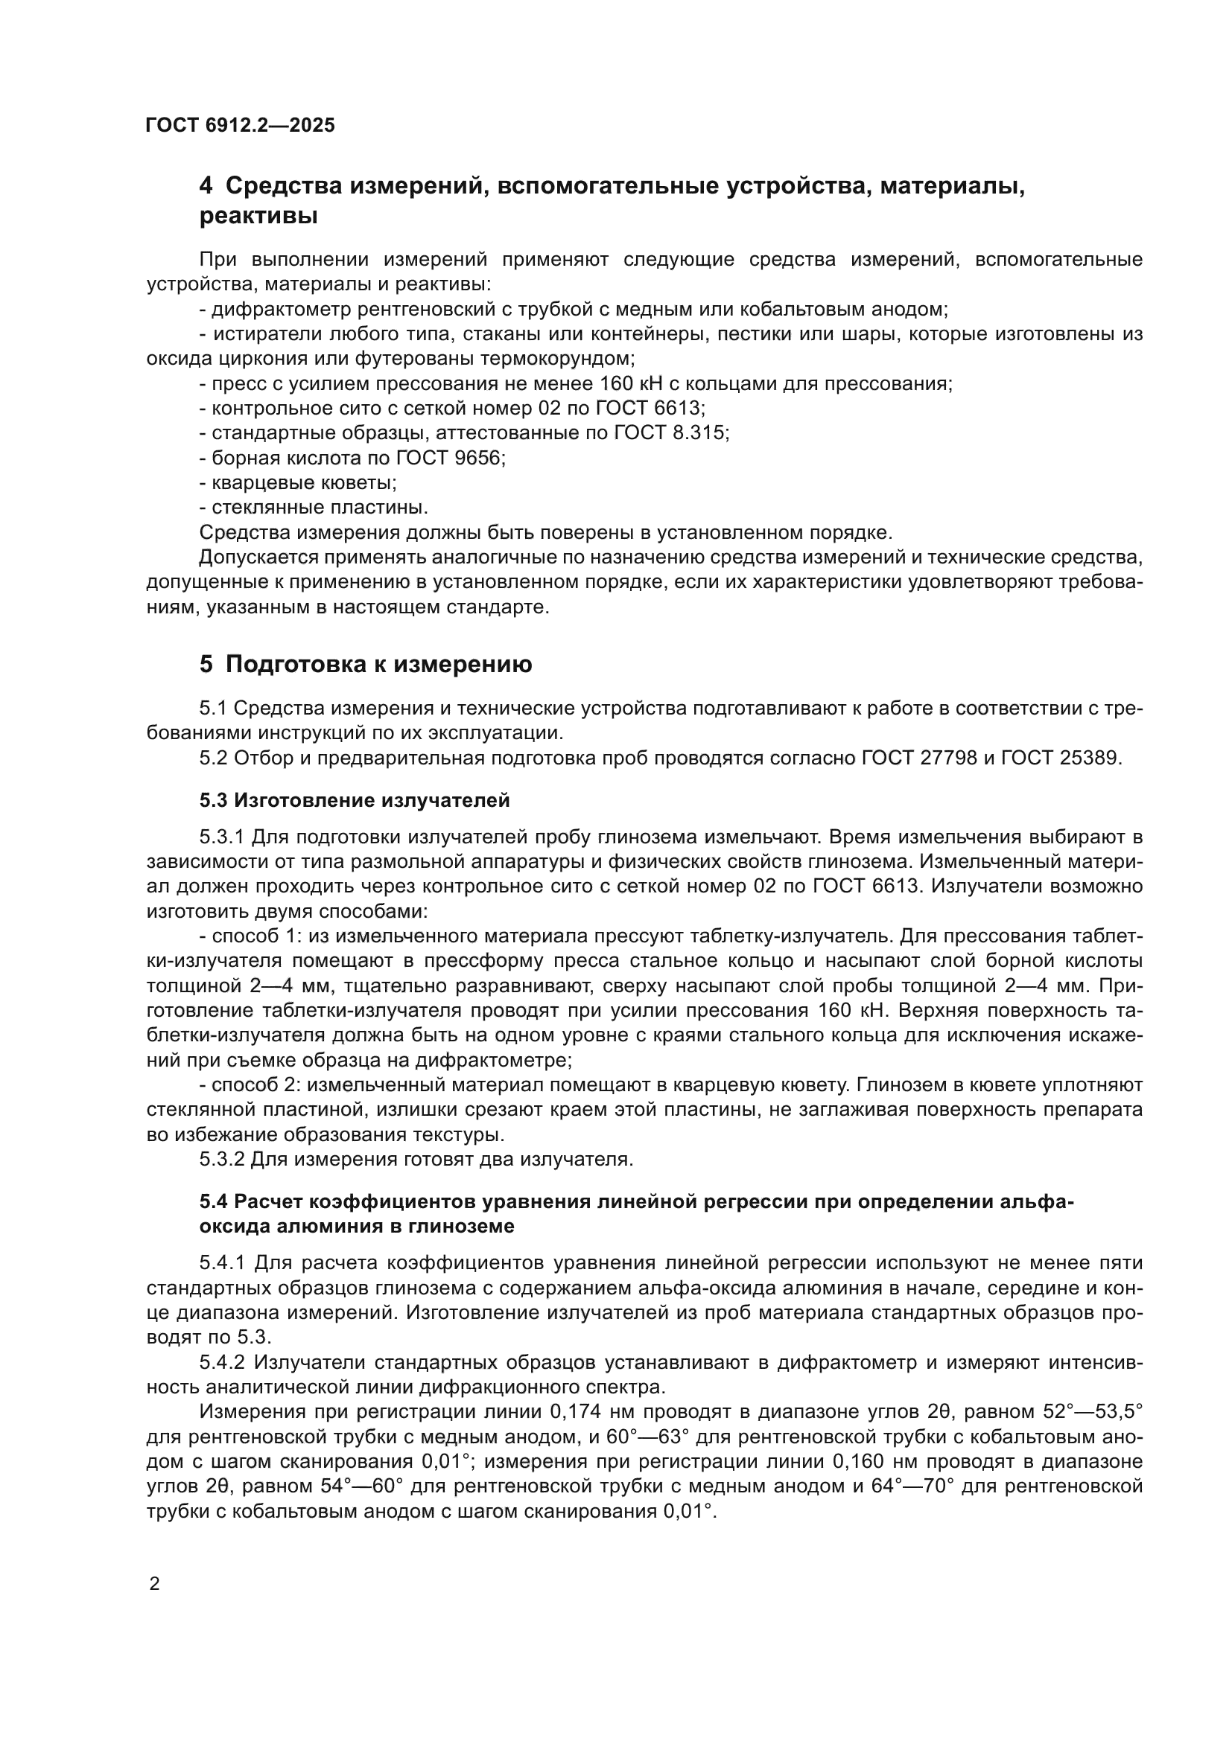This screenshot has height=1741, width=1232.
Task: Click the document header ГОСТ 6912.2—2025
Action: pos(240,125)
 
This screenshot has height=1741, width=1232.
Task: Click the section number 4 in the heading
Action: pos(206,186)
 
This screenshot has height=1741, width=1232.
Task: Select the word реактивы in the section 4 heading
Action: pos(258,217)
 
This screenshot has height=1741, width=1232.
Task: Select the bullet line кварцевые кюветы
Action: pos(297,483)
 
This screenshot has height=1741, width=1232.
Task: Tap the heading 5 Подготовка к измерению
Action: pos(366,664)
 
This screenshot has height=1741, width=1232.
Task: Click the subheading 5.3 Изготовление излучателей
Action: pos(355,801)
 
